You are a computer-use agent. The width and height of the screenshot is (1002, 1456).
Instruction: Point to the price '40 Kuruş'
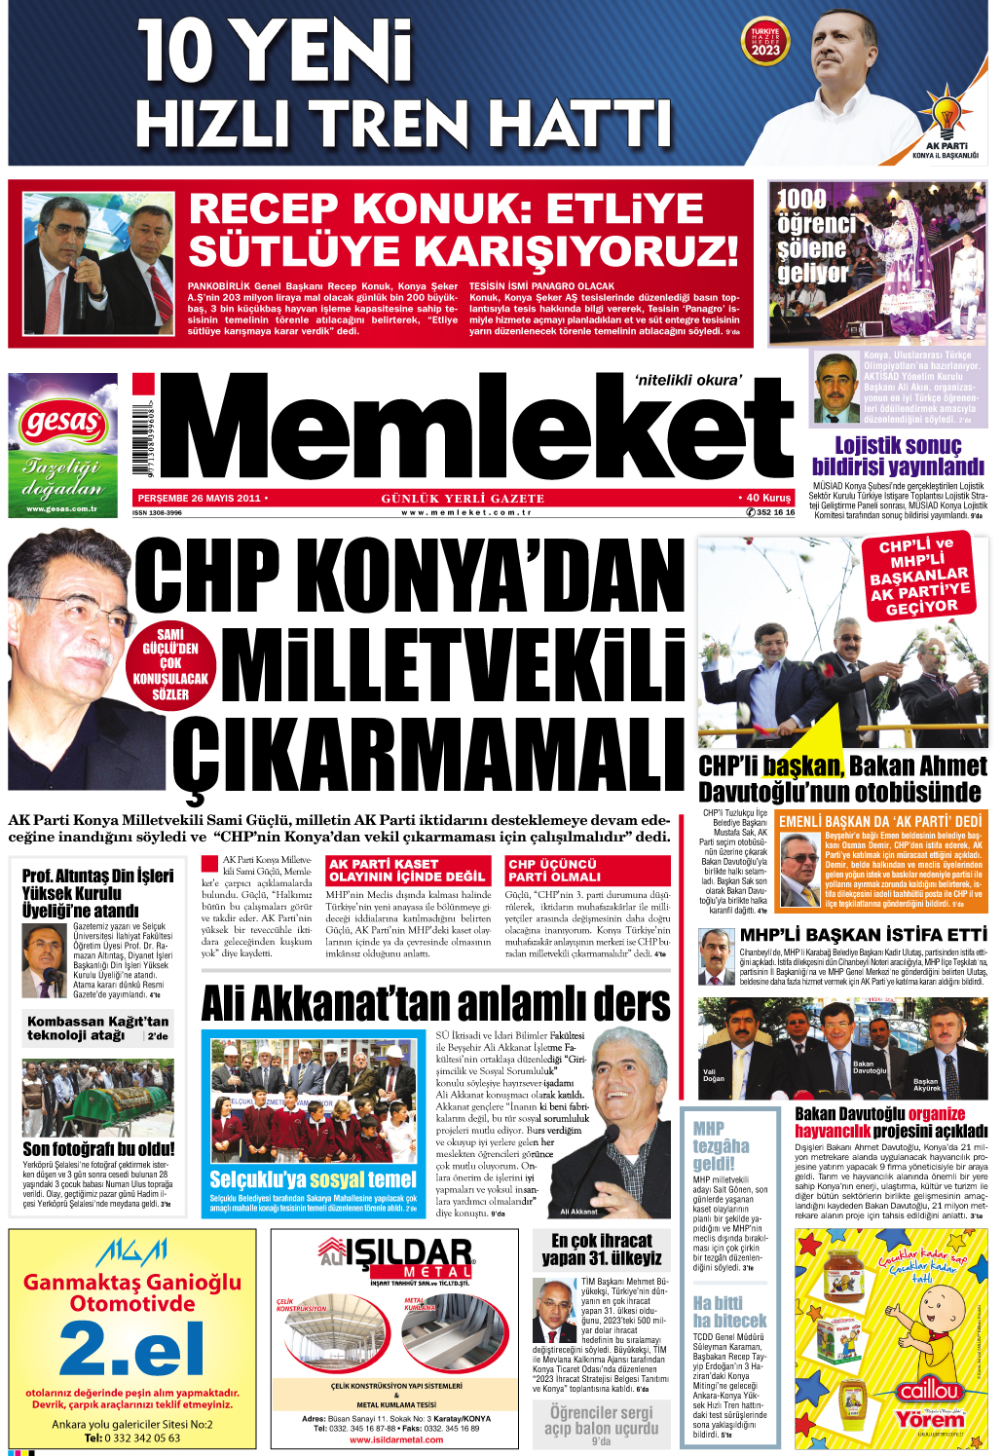tap(766, 498)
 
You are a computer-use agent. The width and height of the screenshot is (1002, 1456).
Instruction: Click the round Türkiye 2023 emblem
tap(765, 44)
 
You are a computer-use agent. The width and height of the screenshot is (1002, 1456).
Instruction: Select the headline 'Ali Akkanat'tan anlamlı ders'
tap(435, 1004)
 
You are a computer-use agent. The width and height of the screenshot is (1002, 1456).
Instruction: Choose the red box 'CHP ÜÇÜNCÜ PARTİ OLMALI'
tap(587, 870)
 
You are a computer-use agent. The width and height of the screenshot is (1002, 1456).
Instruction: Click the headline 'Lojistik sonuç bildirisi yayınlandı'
tap(898, 456)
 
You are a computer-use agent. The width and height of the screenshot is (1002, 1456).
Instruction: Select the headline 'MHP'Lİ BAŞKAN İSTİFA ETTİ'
tap(863, 934)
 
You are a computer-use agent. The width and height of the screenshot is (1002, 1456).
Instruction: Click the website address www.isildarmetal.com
tap(395, 1439)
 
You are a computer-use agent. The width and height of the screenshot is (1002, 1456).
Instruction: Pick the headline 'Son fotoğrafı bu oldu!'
tap(98, 1148)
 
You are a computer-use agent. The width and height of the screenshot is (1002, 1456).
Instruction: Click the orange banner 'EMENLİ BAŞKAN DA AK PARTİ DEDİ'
tap(880, 821)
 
